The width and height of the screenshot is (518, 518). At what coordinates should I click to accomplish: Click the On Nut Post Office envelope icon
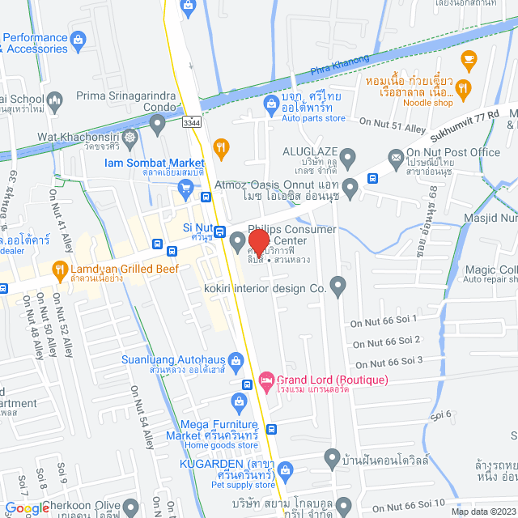395,157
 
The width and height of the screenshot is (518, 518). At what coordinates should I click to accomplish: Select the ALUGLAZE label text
309,151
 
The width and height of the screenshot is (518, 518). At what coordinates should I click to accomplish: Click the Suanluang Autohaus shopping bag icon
236,359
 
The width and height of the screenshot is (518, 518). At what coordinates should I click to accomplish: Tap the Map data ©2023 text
482,511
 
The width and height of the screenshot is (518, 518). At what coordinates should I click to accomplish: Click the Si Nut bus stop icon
220,231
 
